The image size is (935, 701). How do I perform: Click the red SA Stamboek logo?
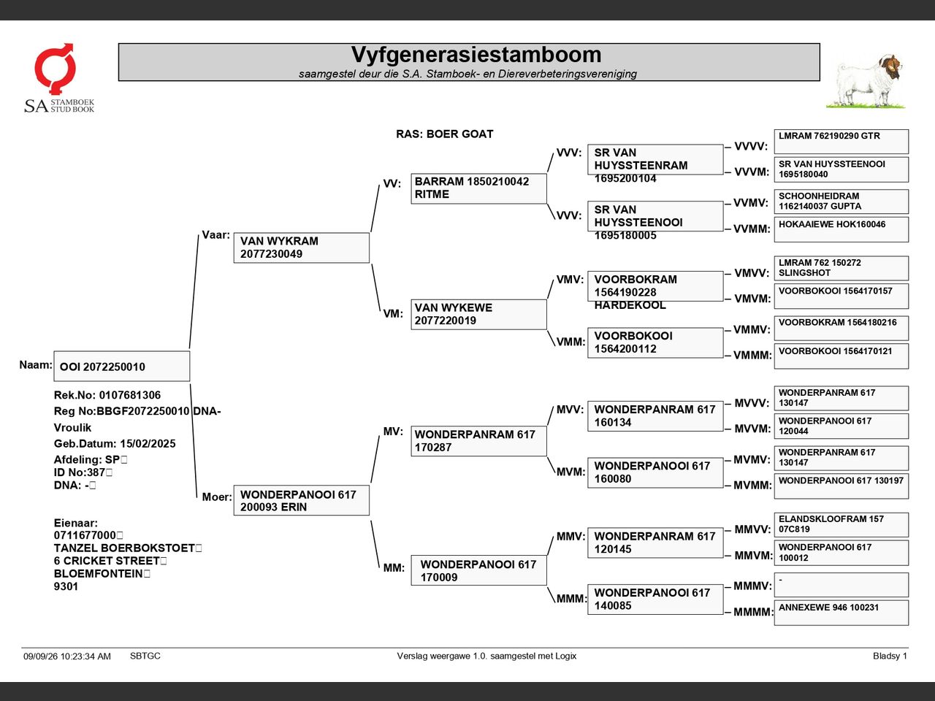56,69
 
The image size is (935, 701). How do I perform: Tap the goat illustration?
866,82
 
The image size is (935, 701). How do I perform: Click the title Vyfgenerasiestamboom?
476,55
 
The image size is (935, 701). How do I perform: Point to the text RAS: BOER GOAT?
444,134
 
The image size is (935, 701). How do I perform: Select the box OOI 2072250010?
122,366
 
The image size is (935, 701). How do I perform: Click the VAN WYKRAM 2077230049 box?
302,248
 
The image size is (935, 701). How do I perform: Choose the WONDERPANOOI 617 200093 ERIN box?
302,500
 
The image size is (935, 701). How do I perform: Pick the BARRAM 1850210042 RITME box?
478,188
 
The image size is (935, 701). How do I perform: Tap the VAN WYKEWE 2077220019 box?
478,315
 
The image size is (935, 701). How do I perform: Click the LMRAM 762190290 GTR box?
841,142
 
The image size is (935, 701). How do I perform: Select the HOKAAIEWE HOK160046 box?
841,230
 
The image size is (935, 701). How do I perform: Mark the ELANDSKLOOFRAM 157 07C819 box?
841,525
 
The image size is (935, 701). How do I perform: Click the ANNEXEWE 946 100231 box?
841,613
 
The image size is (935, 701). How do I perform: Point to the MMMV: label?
752,586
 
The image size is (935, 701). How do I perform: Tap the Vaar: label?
215,235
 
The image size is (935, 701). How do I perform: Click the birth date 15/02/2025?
148,443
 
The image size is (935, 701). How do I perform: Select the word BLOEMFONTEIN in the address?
98,574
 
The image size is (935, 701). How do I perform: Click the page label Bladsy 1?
890,656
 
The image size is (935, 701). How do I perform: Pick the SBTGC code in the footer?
145,656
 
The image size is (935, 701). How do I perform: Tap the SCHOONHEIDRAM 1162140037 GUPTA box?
841,202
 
